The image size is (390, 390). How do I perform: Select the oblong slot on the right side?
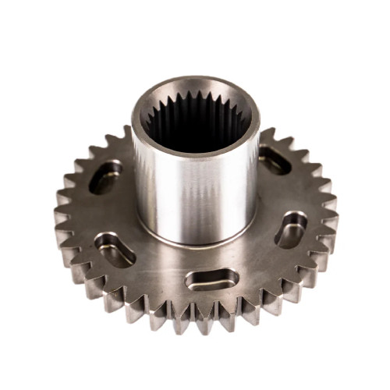[291, 229]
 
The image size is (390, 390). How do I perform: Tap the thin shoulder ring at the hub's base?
[195, 241]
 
